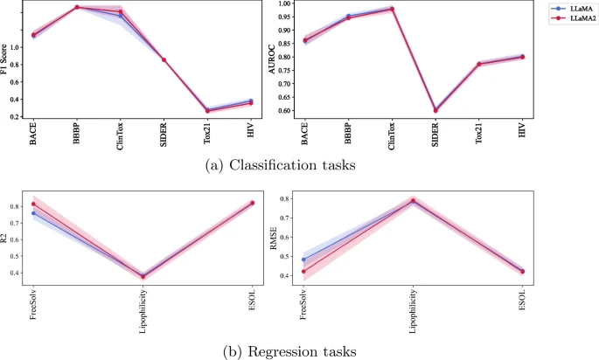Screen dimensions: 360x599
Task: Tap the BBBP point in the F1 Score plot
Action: coord(77,7)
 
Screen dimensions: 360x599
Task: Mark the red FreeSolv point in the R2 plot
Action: coord(33,204)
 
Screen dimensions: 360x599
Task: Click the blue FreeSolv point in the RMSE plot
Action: coord(304,260)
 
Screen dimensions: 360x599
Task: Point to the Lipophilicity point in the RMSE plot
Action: coord(414,201)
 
